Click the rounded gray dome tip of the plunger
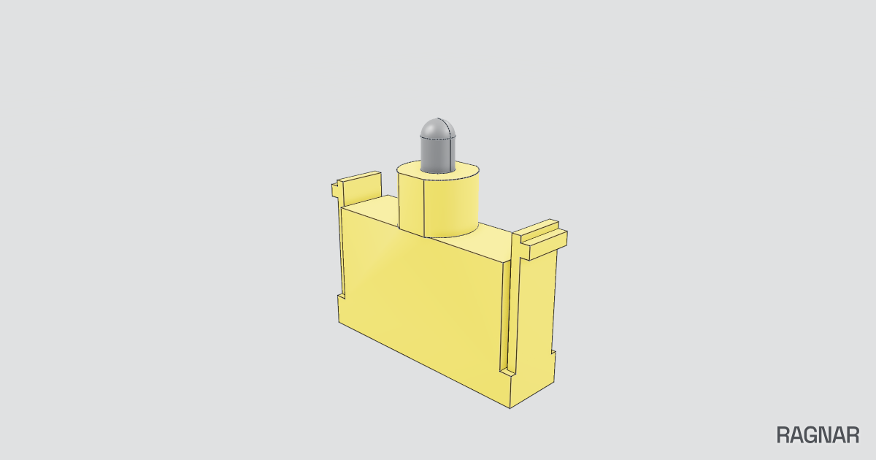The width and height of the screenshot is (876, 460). point(437,128)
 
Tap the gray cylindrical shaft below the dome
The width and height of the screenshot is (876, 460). point(437,155)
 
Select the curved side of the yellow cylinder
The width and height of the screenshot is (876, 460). point(452,207)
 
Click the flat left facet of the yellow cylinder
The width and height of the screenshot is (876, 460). point(411,204)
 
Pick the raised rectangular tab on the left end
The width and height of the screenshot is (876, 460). point(361,188)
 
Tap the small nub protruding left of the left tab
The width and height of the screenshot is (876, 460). point(335,190)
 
